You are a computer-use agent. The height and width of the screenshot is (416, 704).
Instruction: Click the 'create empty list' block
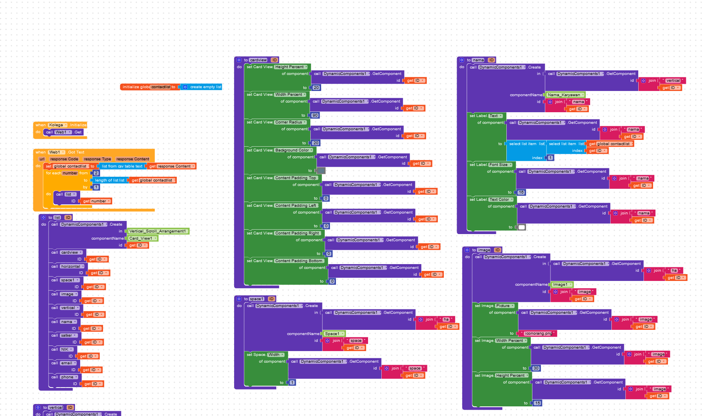click(x=205, y=87)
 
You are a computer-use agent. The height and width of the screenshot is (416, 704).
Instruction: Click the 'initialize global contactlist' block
click(x=136, y=87)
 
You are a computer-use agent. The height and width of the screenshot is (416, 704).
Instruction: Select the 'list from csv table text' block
click(x=121, y=166)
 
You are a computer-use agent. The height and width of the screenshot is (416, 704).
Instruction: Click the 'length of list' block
click(x=109, y=180)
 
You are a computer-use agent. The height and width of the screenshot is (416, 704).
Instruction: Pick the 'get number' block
click(x=95, y=201)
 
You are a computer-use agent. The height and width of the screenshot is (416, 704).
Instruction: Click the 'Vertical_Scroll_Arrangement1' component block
click(x=158, y=231)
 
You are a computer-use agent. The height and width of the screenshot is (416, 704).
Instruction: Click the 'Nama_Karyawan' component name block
click(x=564, y=95)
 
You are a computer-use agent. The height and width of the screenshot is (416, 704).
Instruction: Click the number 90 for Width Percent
click(x=315, y=115)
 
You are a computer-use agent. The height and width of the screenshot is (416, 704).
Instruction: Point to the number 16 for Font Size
click(x=521, y=192)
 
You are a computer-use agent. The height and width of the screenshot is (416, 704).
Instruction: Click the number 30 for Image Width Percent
click(x=536, y=368)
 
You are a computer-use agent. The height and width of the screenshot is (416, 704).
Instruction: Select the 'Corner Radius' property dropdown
click(x=290, y=122)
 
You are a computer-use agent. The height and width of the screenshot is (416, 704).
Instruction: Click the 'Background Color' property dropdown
click(x=293, y=150)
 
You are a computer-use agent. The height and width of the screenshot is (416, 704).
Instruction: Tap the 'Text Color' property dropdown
click(x=501, y=200)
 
